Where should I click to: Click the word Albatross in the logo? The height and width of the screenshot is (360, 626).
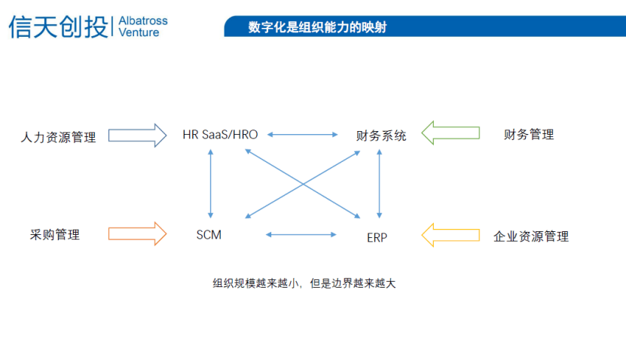(143, 20)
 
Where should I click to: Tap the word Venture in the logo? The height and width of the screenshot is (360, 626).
(139, 33)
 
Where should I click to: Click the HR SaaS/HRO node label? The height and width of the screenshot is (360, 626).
(220, 135)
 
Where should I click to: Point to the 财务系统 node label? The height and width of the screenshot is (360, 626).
(381, 136)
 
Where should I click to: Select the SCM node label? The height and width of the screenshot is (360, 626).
(209, 235)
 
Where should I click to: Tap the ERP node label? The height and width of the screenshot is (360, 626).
(377, 237)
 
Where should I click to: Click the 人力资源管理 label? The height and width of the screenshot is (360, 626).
(59, 137)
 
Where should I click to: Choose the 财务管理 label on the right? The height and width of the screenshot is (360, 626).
(529, 135)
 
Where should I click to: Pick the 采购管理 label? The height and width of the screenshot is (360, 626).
(55, 235)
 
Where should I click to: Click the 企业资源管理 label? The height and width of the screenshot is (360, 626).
(531, 236)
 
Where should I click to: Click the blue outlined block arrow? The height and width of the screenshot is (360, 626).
(137, 136)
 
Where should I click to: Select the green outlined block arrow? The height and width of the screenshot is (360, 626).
(450, 133)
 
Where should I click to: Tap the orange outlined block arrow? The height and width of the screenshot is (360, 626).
(137, 233)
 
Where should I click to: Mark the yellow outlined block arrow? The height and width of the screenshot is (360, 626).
(450, 234)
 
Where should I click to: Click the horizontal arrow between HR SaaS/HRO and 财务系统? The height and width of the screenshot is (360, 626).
(303, 135)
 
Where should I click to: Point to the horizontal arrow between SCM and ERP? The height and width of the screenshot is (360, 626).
(301, 234)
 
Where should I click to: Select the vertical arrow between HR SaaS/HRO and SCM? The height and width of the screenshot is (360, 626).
(211, 183)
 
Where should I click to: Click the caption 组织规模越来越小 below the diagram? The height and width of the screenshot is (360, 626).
(257, 284)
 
